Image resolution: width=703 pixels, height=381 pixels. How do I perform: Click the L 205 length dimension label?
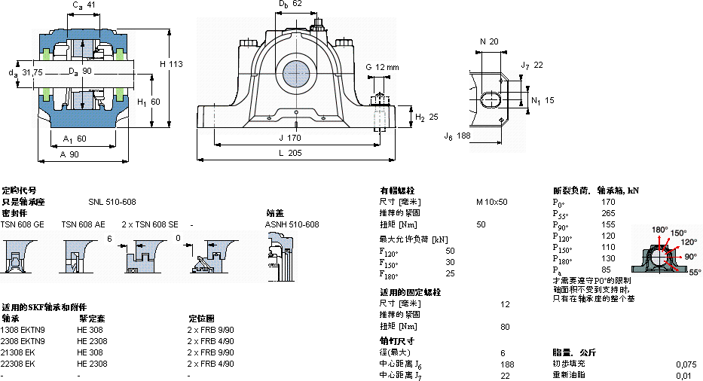coord(291,154)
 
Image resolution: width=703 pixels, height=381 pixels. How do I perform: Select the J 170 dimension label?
coord(291,137)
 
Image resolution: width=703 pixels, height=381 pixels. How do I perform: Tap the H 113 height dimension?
coord(171,64)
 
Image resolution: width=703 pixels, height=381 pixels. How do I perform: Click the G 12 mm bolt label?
coord(382,68)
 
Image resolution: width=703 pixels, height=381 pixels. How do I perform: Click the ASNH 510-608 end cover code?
coord(292,224)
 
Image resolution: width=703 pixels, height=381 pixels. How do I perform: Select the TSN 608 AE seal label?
coord(83,224)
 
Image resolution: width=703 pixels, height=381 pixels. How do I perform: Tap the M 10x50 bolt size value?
coord(491,202)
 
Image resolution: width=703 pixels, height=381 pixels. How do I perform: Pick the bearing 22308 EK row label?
coord(18,364)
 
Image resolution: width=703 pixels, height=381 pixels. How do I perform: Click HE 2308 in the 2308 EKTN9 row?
coord(92,341)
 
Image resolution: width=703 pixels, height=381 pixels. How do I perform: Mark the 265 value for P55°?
coord(608,213)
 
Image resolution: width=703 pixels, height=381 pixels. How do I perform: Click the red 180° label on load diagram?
coord(660,230)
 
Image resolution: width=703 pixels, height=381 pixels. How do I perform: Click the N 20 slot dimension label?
coord(489,41)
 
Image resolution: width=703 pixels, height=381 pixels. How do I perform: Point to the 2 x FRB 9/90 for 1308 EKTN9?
coord(210,330)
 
